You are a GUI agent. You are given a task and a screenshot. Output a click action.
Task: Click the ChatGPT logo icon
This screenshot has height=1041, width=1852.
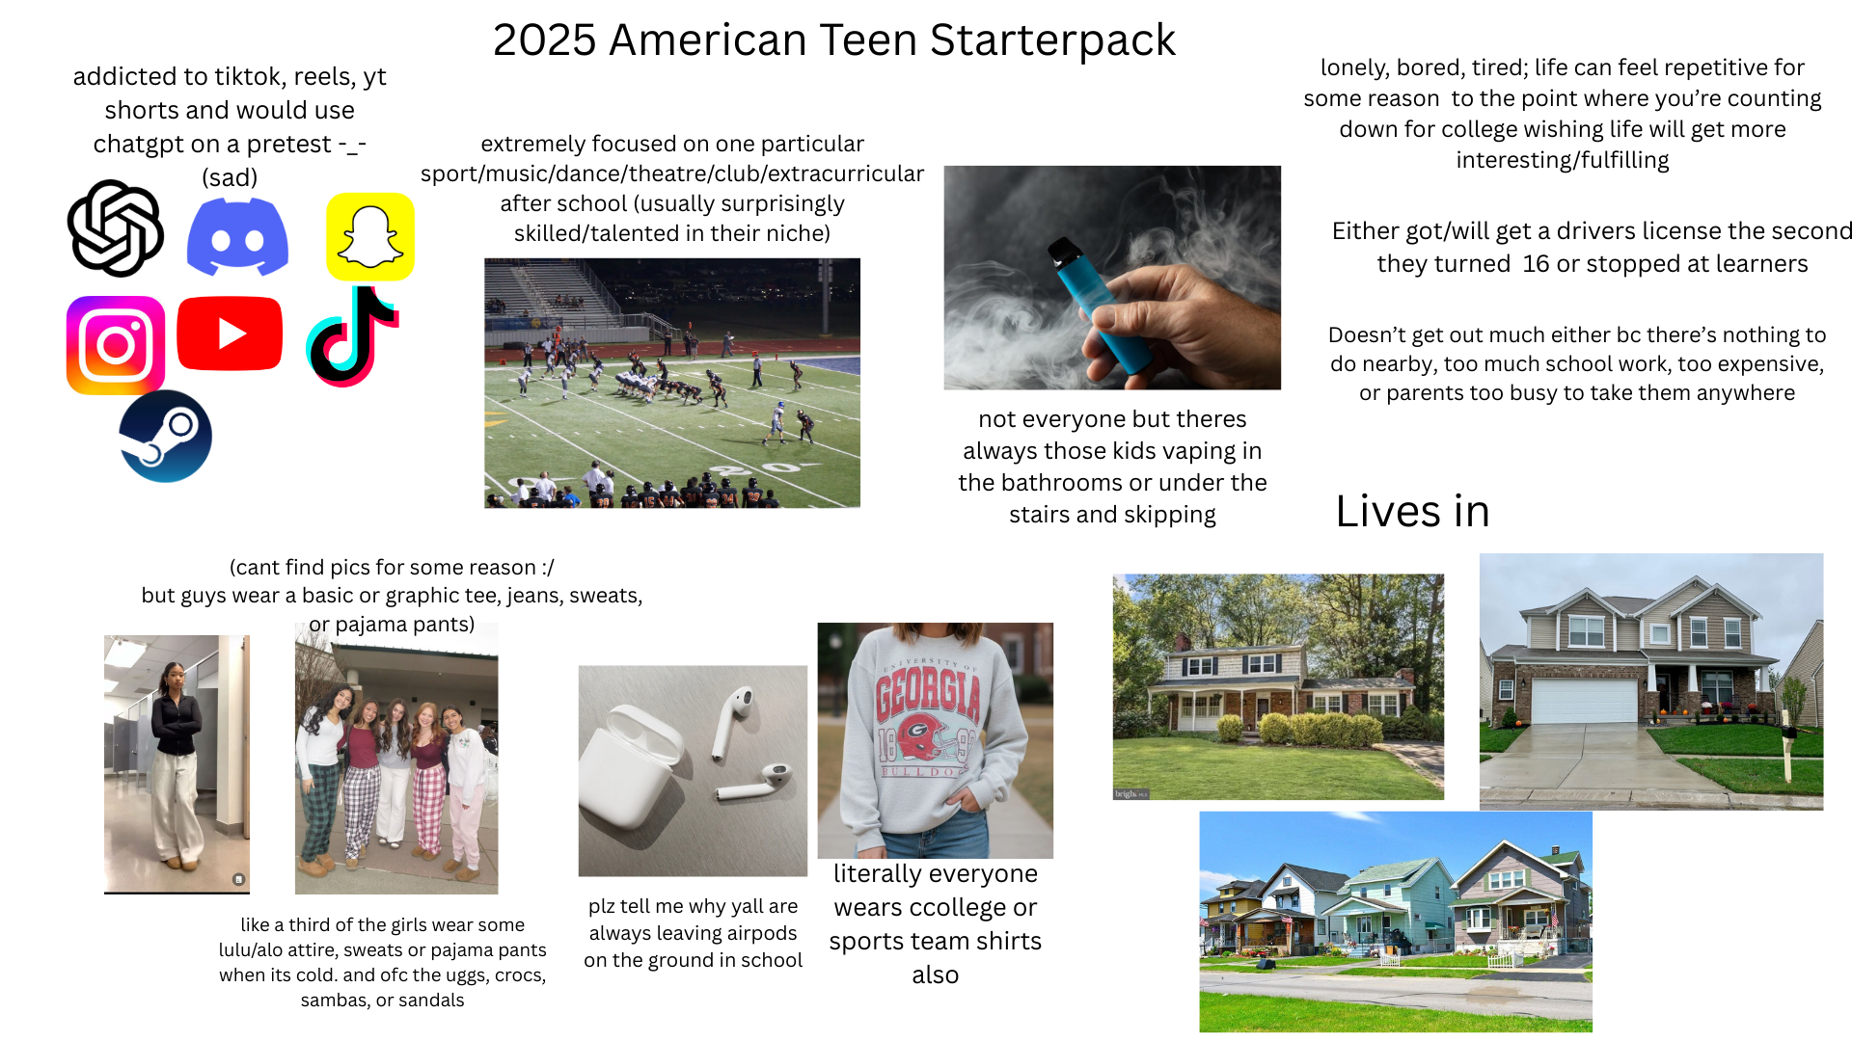[116, 228]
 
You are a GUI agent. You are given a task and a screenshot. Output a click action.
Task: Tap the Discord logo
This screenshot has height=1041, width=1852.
[237, 236]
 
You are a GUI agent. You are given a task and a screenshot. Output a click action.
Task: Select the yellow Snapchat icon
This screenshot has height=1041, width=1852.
[370, 237]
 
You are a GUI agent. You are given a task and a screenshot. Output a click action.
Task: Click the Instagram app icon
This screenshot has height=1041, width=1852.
[116, 345]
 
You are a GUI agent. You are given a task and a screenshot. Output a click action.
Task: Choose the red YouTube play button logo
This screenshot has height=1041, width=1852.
[230, 334]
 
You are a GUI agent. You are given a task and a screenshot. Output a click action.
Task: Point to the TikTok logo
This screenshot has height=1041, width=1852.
[352, 336]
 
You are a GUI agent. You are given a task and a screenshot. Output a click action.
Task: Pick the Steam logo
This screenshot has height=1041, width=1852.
[166, 437]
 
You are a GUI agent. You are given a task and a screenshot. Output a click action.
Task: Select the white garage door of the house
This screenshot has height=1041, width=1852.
[1584, 702]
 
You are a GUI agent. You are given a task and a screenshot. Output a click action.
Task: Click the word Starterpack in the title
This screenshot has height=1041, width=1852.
[1052, 40]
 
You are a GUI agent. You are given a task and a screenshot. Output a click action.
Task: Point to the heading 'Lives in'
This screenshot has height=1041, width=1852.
[1412, 511]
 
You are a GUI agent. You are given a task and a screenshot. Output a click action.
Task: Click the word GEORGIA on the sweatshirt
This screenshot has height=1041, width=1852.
[928, 694]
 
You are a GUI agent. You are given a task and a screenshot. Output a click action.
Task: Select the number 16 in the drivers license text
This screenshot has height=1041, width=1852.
[1536, 264]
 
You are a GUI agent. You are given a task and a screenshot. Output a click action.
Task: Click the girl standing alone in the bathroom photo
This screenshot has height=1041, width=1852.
[177, 761]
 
